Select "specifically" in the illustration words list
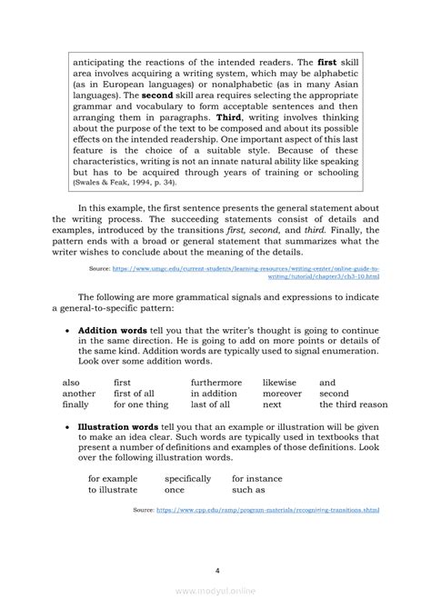click(187, 477)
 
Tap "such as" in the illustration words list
click(248, 489)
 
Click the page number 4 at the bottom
click(215, 571)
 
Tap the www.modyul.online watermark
click(215, 598)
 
